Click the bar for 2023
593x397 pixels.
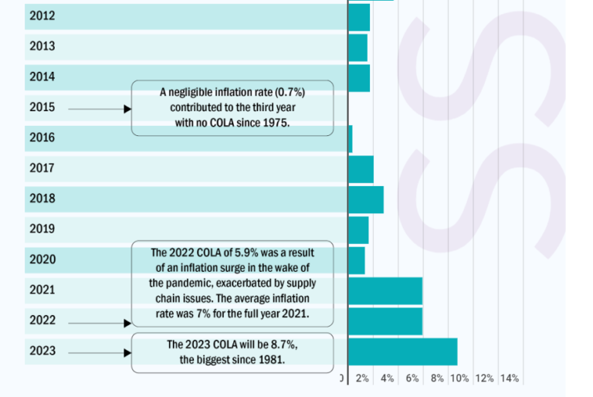click(402, 351)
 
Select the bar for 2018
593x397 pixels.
click(366, 199)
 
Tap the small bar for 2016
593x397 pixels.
click(351, 139)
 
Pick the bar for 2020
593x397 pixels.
click(357, 260)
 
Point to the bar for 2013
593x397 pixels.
click(358, 48)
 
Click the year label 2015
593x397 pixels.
click(42, 107)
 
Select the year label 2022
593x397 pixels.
click(42, 320)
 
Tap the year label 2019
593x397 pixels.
click(42, 229)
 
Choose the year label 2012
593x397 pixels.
click(42, 16)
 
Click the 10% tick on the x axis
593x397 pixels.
click(459, 378)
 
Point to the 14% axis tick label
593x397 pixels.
click(509, 378)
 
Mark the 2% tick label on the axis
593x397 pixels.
click(362, 378)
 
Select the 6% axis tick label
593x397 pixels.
click(412, 378)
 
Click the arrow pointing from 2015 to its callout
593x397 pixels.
click(100, 109)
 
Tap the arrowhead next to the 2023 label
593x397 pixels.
click(128, 353)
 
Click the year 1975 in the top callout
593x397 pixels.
click(275, 122)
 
